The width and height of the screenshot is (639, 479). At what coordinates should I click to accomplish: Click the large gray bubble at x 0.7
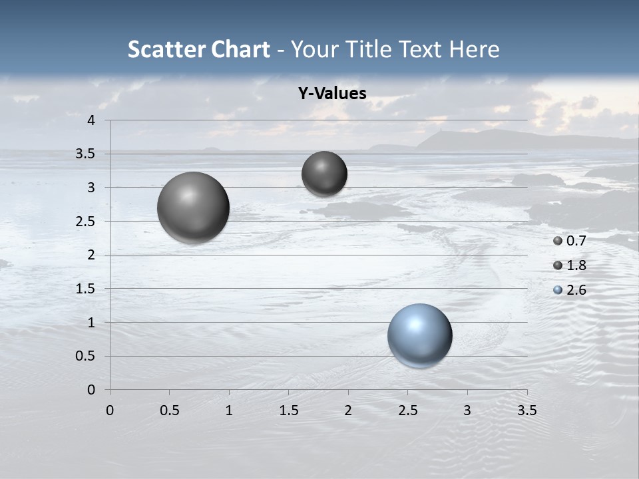point(193,208)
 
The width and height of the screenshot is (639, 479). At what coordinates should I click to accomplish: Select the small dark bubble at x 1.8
point(324,174)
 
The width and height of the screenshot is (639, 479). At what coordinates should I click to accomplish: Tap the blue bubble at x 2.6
point(419,335)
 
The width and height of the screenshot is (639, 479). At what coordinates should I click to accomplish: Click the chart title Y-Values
point(332,94)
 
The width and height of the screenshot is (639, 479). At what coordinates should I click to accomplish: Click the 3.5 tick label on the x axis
point(527,410)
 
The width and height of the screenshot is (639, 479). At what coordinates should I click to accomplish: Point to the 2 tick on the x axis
point(348,410)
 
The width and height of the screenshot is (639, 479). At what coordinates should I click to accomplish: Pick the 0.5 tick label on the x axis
point(169,410)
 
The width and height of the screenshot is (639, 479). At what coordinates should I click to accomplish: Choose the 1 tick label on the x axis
point(229,410)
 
